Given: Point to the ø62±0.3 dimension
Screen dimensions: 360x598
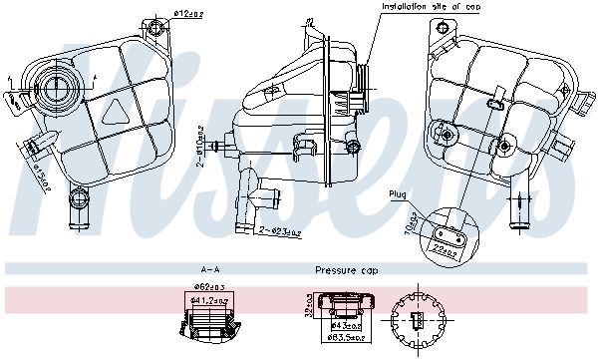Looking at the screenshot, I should click(x=207, y=287).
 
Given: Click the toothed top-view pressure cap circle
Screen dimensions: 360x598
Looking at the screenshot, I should click(x=419, y=321).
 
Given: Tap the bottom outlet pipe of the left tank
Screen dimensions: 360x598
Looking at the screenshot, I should click(x=76, y=209).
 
